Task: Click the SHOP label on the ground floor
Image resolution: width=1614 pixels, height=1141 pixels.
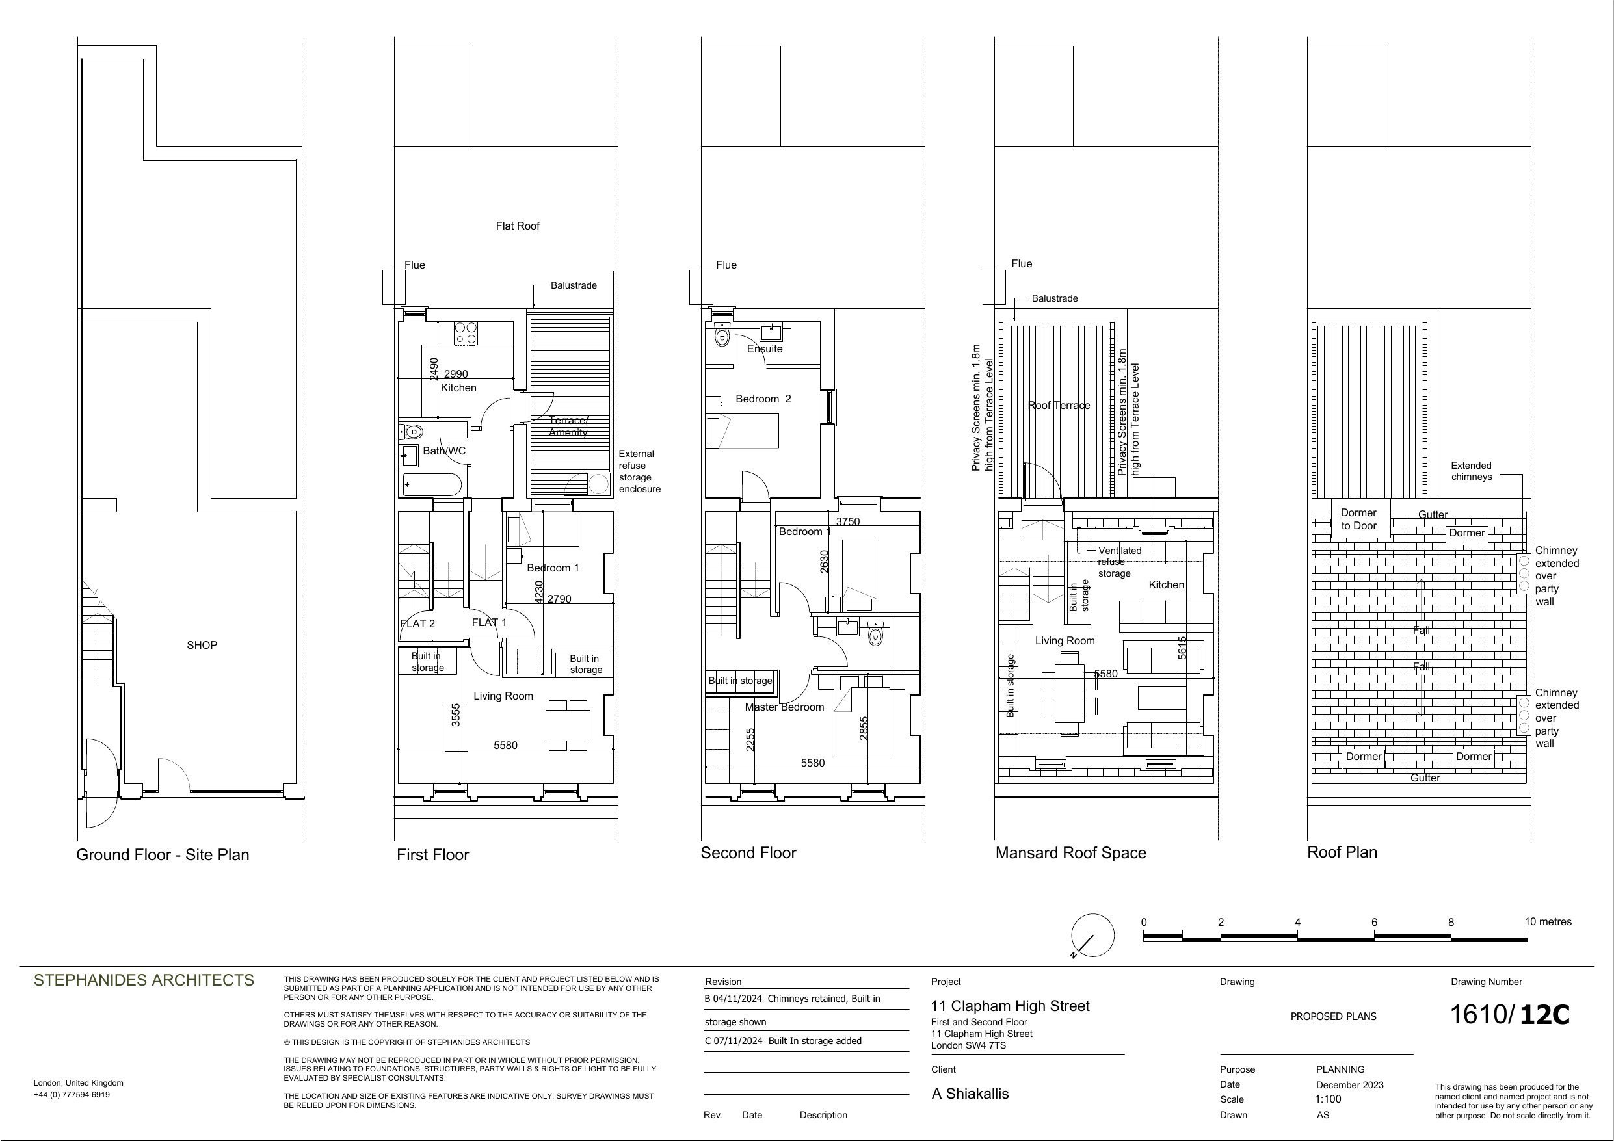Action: coord(202,645)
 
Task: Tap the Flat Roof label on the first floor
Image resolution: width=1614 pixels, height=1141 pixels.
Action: coord(518,226)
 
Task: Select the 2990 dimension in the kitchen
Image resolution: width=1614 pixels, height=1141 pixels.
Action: coord(455,374)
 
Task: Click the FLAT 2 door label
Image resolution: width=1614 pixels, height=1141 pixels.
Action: coord(417,623)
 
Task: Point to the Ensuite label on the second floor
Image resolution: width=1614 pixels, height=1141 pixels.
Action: coord(764,348)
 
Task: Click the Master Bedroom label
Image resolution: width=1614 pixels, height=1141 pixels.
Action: coord(784,707)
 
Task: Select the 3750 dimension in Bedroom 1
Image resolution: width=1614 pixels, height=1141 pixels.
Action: coord(848,521)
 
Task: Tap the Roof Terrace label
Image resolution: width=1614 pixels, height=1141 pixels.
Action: coord(1059,406)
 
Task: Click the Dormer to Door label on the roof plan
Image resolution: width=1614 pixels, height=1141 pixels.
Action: coord(1359,519)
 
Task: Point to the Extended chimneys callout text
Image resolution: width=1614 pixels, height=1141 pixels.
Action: coord(1472,471)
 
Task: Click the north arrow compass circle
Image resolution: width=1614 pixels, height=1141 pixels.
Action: coord(1092,935)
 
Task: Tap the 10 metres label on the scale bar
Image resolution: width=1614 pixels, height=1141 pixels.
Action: coord(1548,922)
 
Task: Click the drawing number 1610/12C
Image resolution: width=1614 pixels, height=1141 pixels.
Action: coord(1509,1014)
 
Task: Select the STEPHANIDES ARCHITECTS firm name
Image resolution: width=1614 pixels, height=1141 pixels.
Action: coord(144,980)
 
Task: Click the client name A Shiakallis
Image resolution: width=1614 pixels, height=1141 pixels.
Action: coord(970,1094)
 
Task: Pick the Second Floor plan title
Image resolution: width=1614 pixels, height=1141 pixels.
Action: coord(748,853)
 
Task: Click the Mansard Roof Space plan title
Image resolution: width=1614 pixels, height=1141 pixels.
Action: coord(1070,853)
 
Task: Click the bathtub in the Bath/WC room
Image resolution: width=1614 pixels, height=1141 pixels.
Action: coord(432,484)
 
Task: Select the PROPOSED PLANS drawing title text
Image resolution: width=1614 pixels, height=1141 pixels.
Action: coord(1334,1017)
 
